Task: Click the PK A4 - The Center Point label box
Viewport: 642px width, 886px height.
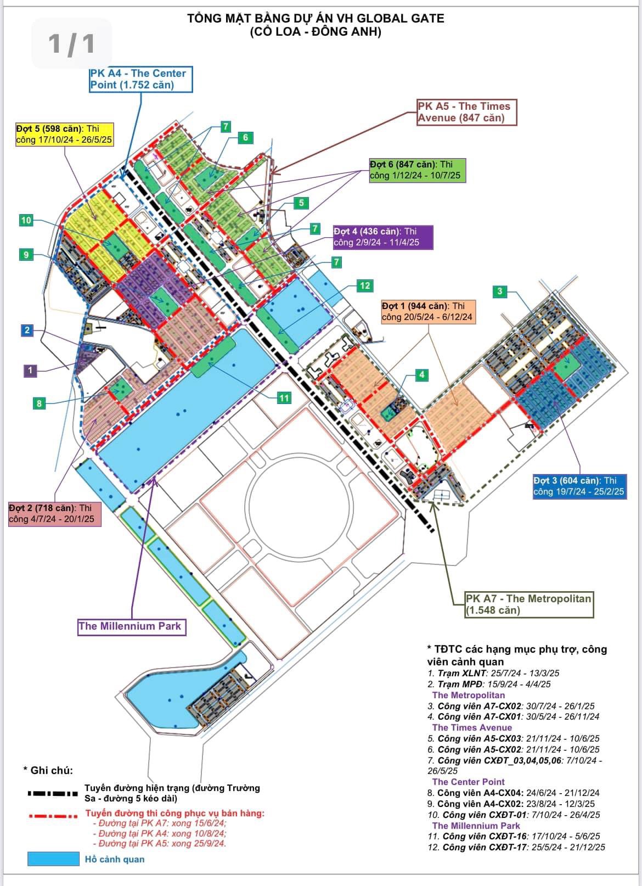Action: coord(141,79)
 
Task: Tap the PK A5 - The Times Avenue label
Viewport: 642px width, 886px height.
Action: coord(466,112)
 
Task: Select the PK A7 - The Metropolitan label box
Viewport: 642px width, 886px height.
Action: coord(529,604)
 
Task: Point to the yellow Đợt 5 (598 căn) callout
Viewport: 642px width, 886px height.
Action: coord(64,134)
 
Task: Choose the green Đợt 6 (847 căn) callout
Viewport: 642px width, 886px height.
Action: coord(417,170)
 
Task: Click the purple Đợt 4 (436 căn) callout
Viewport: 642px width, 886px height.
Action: coord(382,237)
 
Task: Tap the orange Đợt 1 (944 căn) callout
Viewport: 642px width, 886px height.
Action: coord(427,311)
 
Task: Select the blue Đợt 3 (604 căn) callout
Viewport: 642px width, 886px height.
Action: coord(579,486)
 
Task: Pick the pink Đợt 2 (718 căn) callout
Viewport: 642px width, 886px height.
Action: coord(54,514)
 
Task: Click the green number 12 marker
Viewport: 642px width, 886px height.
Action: coord(365,285)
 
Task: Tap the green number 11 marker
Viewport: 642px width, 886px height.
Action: coord(284,398)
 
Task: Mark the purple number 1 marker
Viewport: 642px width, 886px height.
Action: coord(30,371)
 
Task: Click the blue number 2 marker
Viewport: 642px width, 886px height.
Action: coord(27,330)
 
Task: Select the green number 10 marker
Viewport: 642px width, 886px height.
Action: coord(26,220)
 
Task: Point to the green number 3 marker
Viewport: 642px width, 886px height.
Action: coord(499,291)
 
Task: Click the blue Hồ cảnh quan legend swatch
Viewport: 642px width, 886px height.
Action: coord(53,859)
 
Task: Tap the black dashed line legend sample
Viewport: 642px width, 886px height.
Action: coord(53,794)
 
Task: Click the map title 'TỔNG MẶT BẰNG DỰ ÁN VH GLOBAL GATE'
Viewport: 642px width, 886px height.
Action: coord(316,18)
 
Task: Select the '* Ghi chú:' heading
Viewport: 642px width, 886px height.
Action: coord(48,770)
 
